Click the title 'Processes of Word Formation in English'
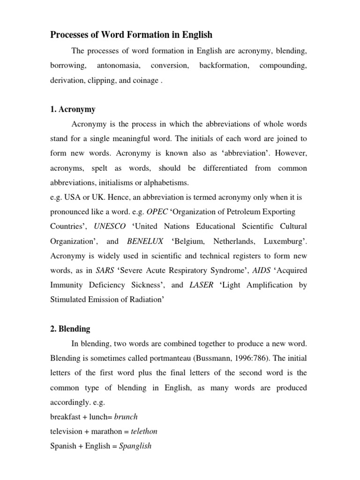pyautogui.click(x=131, y=35)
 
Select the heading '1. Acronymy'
pyautogui.click(x=73, y=109)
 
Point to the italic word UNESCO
pyautogui.click(x=110, y=226)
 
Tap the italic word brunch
pyautogui.click(x=126, y=417)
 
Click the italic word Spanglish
pyautogui.click(x=135, y=446)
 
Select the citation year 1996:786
pyautogui.click(x=242, y=359)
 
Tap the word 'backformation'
pyautogui.click(x=224, y=65)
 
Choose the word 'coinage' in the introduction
pyautogui.click(x=145, y=80)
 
